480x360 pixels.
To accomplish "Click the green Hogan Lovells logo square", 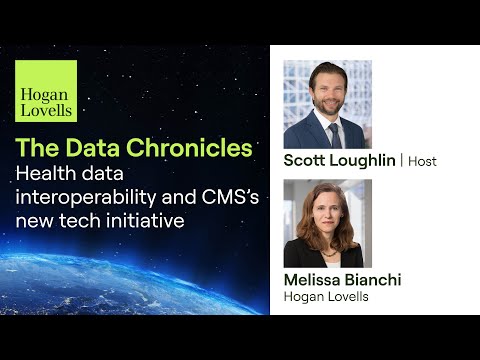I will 45,91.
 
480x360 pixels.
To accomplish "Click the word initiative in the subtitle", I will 141,221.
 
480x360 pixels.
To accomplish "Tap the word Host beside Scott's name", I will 424,161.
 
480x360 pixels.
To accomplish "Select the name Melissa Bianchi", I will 343,279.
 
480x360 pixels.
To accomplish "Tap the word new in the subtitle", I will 36,221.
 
